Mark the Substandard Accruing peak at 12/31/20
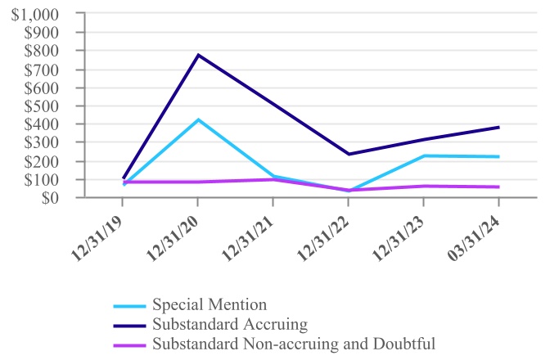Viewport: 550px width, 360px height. [x=198, y=55]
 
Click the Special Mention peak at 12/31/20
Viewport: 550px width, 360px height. [x=198, y=119]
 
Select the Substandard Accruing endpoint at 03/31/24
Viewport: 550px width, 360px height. [x=498, y=127]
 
